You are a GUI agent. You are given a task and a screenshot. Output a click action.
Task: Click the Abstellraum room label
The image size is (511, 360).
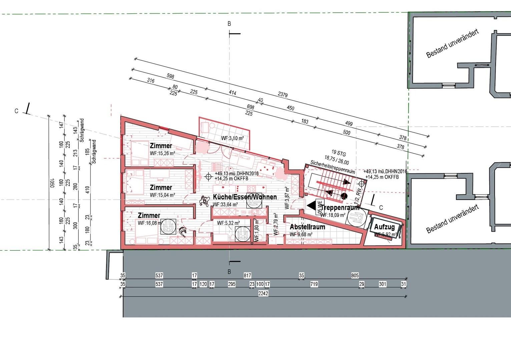[307, 227]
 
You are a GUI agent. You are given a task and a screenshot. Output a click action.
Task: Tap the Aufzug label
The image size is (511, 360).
[384, 227]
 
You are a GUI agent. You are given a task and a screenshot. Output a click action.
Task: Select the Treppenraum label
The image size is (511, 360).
[341, 208]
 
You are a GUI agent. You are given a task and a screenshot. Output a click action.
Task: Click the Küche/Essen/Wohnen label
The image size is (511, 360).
[245, 197]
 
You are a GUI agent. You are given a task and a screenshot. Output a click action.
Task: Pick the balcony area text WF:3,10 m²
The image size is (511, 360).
[232, 138]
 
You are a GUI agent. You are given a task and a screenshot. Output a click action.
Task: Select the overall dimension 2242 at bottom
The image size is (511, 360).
[264, 293]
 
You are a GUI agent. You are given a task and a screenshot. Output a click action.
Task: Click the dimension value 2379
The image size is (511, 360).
[282, 95]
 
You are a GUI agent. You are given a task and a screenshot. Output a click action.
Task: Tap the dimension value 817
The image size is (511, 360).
[247, 276]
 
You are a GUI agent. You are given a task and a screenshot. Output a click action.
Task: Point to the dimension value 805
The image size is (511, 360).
[355, 276]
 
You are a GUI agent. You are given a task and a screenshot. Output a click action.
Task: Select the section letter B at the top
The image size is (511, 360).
[229, 24]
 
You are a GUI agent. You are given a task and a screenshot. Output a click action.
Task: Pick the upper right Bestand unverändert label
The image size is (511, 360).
[453, 44]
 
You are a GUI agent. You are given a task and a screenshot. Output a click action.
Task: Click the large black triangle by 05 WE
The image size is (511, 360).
[312, 206]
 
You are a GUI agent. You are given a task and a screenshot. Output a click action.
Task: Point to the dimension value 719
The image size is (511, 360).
[314, 284]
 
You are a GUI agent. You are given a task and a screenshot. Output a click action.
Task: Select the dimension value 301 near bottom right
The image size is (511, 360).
[383, 284]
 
